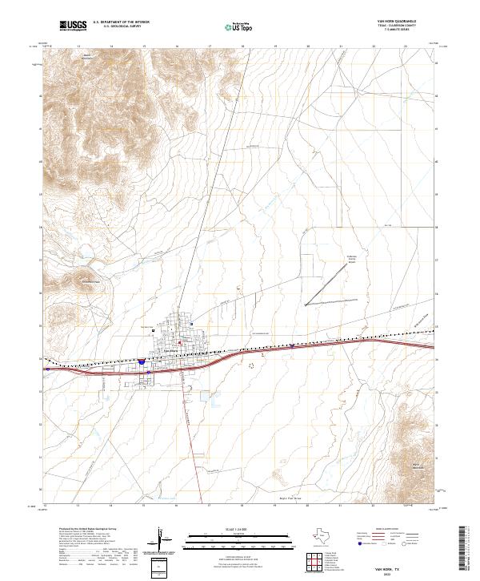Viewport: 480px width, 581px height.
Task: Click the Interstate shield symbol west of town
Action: pyautogui.click(x=140, y=362)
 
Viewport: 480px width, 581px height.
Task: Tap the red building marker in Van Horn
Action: pyautogui.click(x=180, y=343)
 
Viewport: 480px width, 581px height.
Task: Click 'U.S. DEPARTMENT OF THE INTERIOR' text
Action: pyautogui.click(x=121, y=22)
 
